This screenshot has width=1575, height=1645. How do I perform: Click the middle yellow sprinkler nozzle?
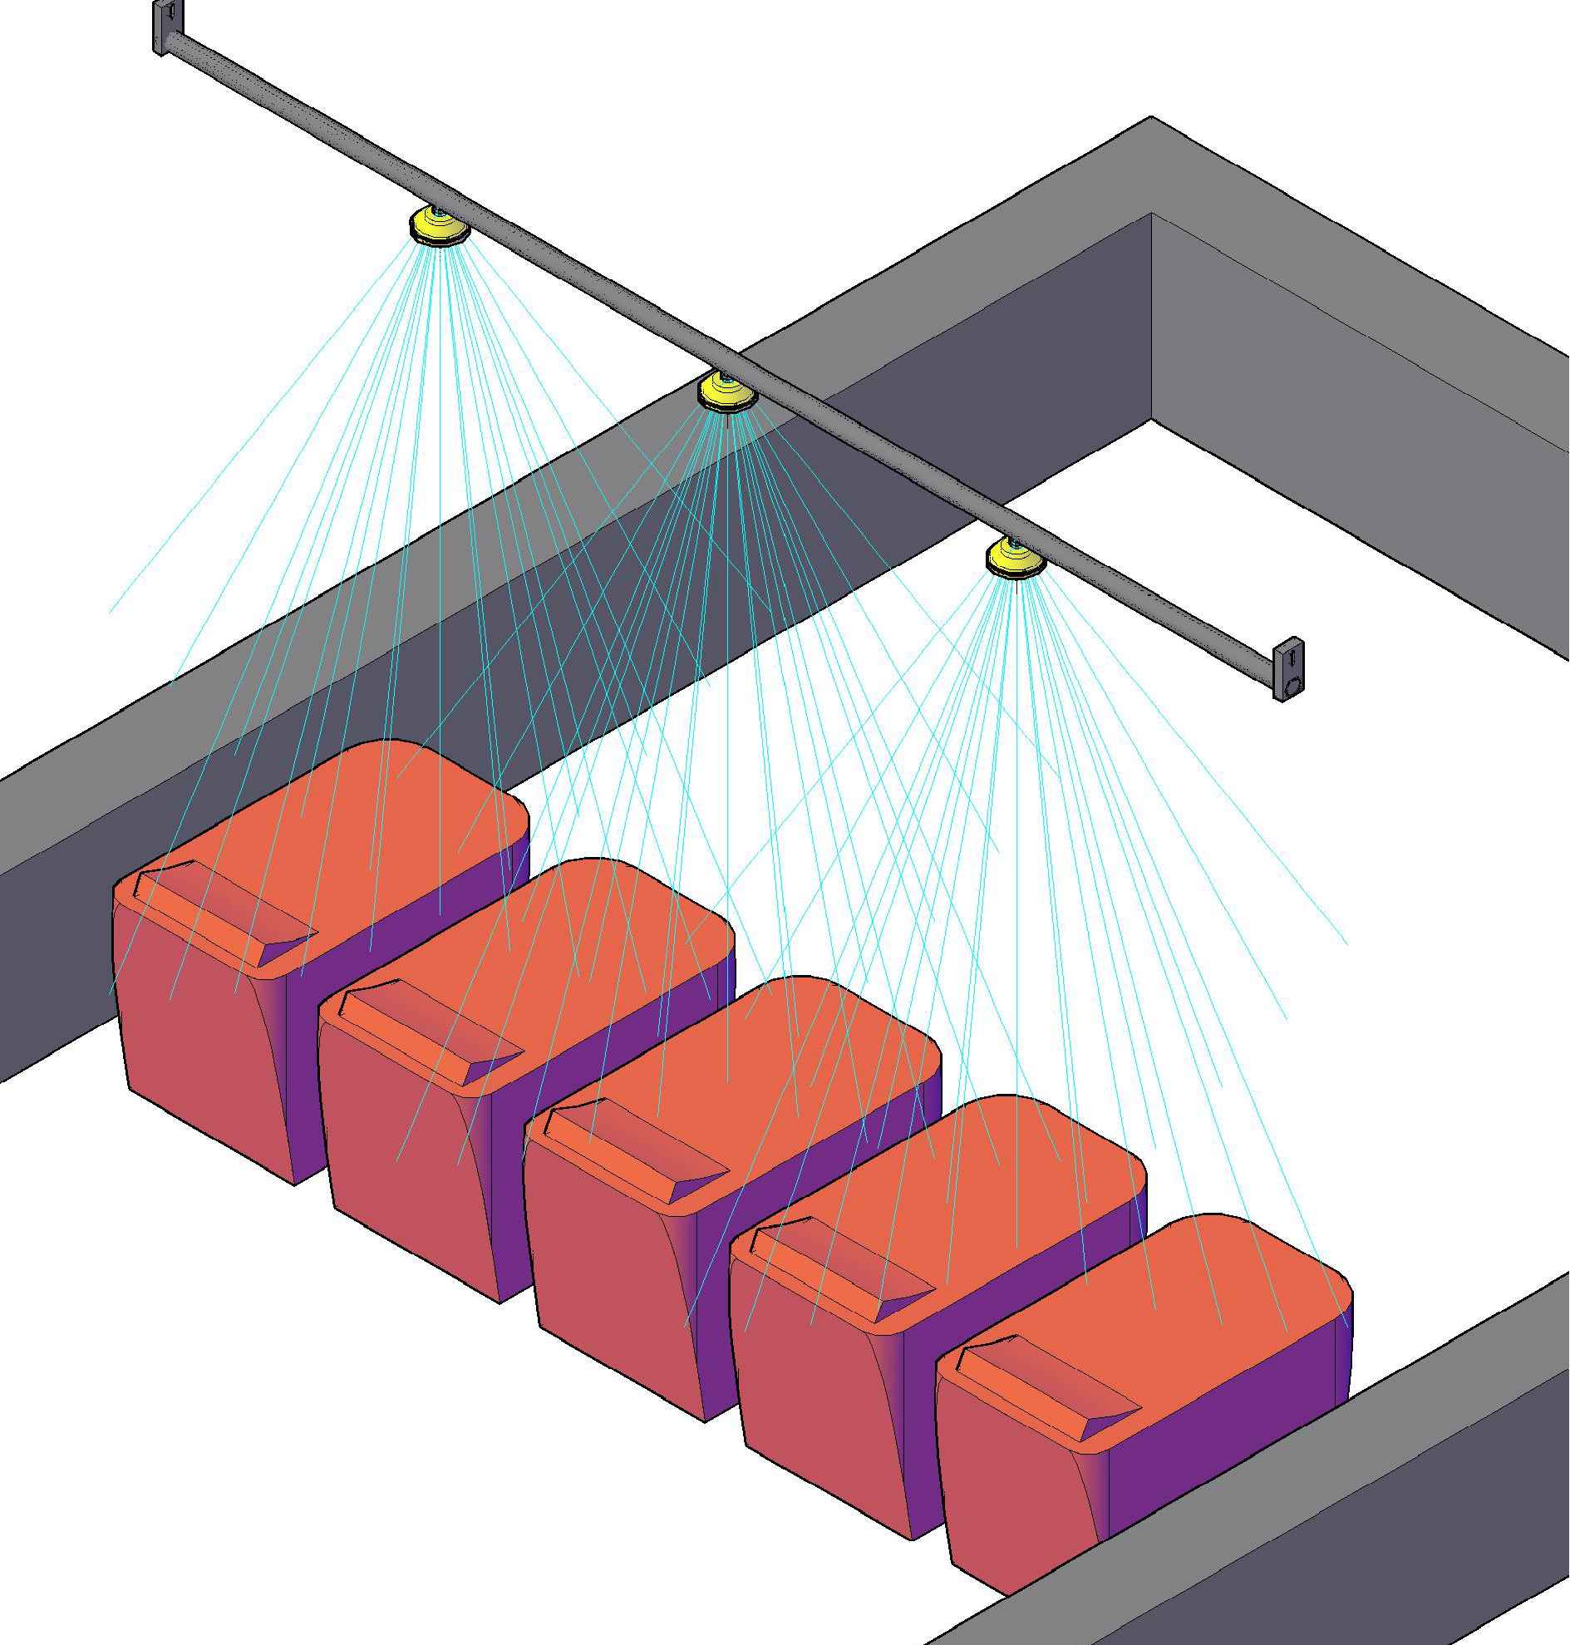[726, 392]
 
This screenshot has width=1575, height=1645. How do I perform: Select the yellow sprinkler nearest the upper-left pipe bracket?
[438, 227]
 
